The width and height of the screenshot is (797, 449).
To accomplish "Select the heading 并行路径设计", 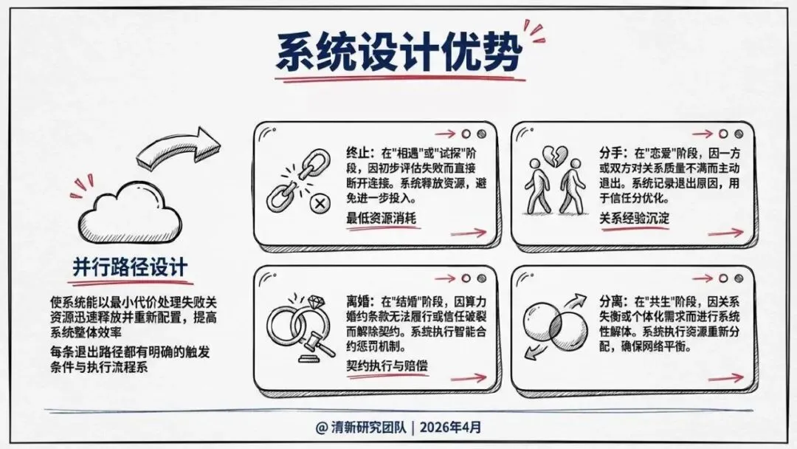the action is [130, 267].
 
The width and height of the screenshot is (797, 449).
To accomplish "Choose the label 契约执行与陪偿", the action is [387, 366].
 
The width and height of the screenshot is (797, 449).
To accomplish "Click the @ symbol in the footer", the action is [321, 427].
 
